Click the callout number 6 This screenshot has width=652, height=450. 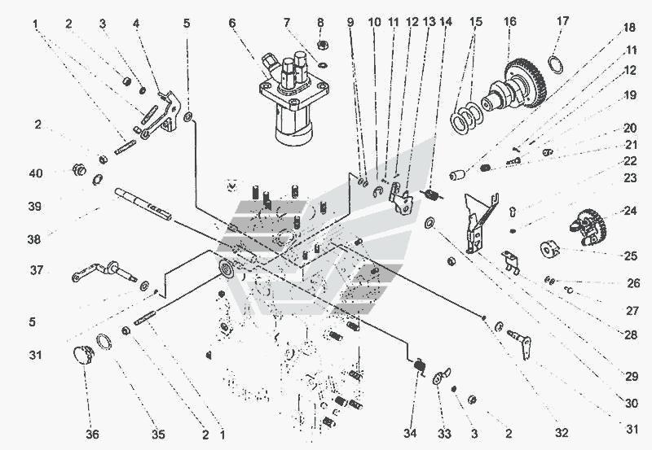point(232,24)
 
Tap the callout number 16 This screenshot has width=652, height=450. point(511,24)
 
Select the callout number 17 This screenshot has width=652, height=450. point(563,24)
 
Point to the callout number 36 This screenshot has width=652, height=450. point(93,435)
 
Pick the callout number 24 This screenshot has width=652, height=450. point(630,210)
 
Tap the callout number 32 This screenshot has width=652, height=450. point(562,432)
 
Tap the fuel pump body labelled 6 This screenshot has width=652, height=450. point(289,102)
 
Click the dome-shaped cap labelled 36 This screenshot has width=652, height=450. point(82,356)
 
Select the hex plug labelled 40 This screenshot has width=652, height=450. point(78,171)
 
